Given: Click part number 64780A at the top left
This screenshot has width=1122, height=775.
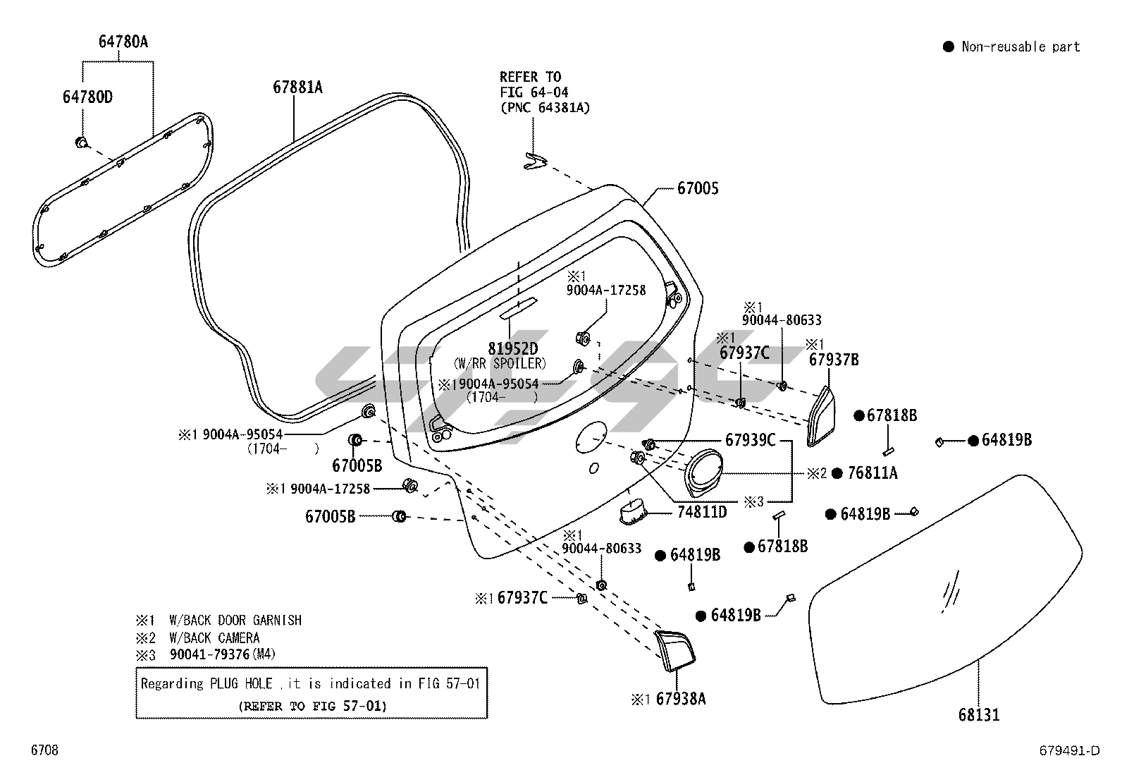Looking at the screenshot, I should pos(123,42).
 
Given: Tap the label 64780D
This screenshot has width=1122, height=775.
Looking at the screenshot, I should pos(87,97).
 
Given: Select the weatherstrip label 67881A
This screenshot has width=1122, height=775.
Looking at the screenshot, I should pos(297,87).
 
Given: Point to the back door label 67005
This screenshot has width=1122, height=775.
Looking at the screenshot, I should pos(698,188).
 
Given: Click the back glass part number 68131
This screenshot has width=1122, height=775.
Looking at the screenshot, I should pos(978,715).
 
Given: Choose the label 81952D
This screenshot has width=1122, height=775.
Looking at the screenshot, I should pos(512,349).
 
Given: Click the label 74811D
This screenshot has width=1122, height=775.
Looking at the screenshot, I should pos(702,513).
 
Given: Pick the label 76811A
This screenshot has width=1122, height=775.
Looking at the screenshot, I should pos(873,473).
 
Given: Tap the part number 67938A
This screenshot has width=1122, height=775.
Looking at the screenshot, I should pos(680,699).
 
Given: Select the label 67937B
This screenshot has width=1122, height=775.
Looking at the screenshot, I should pos(834,360).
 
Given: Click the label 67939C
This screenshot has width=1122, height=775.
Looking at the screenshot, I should pos(750,441).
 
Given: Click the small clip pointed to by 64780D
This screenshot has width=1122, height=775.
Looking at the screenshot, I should pos(82,143).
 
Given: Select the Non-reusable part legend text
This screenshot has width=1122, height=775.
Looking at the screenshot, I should pos(1021,47).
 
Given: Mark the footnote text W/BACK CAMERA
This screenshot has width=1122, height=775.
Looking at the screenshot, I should pos(214,637).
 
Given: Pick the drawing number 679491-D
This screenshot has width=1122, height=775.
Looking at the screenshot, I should pos(1068,750).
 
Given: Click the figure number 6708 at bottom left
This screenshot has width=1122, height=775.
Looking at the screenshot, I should pos(44,750).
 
